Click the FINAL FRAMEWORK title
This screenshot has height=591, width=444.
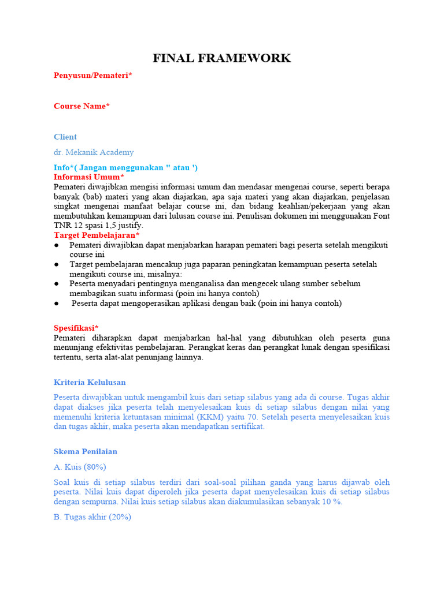(221, 58)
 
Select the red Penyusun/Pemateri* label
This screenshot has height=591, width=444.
(92, 75)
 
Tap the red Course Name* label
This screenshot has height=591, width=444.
(82, 106)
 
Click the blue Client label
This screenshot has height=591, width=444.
(65, 137)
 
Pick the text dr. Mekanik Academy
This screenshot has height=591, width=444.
(94, 152)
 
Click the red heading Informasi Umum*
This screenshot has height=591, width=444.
(89, 177)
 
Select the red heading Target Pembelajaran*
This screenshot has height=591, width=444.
(97, 235)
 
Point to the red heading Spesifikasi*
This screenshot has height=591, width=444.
(76, 328)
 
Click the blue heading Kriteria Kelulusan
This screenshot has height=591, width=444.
(90, 382)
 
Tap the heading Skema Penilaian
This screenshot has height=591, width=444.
(86, 451)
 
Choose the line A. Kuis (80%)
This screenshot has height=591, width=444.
(80, 467)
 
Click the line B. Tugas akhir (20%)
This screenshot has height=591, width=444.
(92, 517)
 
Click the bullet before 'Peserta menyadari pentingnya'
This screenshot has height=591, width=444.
(57, 284)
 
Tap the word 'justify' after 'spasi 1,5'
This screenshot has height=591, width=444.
(129, 225)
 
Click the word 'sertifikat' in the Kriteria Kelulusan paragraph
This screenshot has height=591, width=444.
(245, 427)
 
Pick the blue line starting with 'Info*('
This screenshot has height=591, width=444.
(126, 167)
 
